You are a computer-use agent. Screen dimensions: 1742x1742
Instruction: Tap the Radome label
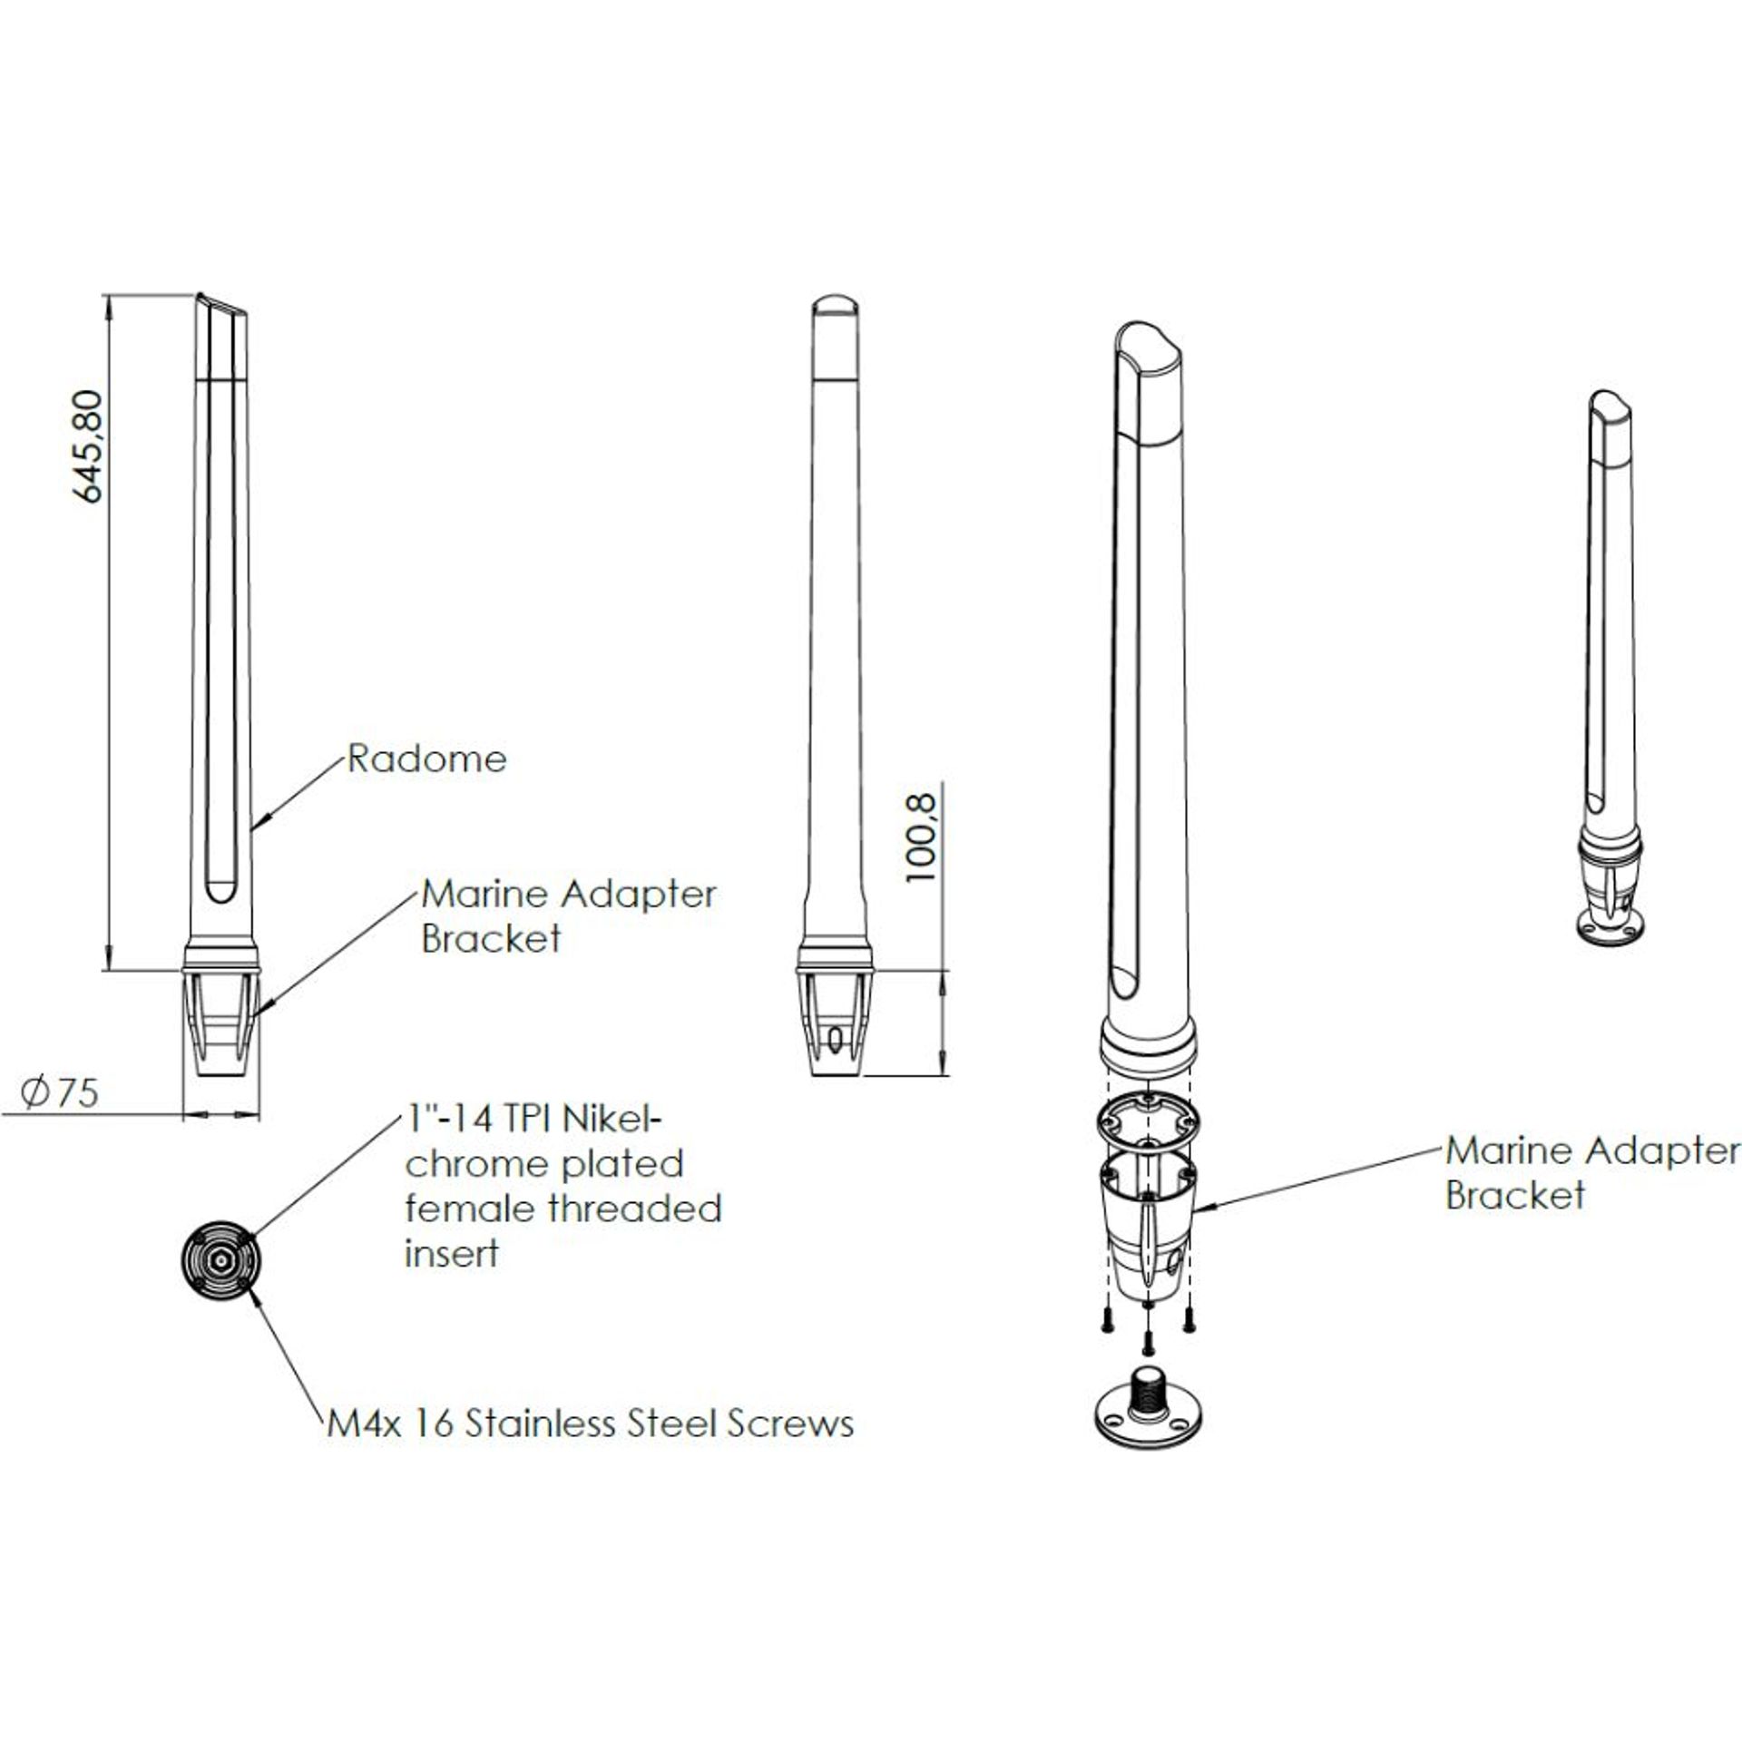tap(427, 758)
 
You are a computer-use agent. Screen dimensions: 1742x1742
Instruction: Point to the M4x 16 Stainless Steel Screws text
tap(591, 1424)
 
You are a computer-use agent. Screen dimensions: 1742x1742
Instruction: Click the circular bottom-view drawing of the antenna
tap(220, 1260)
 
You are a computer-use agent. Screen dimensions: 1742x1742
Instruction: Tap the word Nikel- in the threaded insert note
tap(614, 1120)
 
